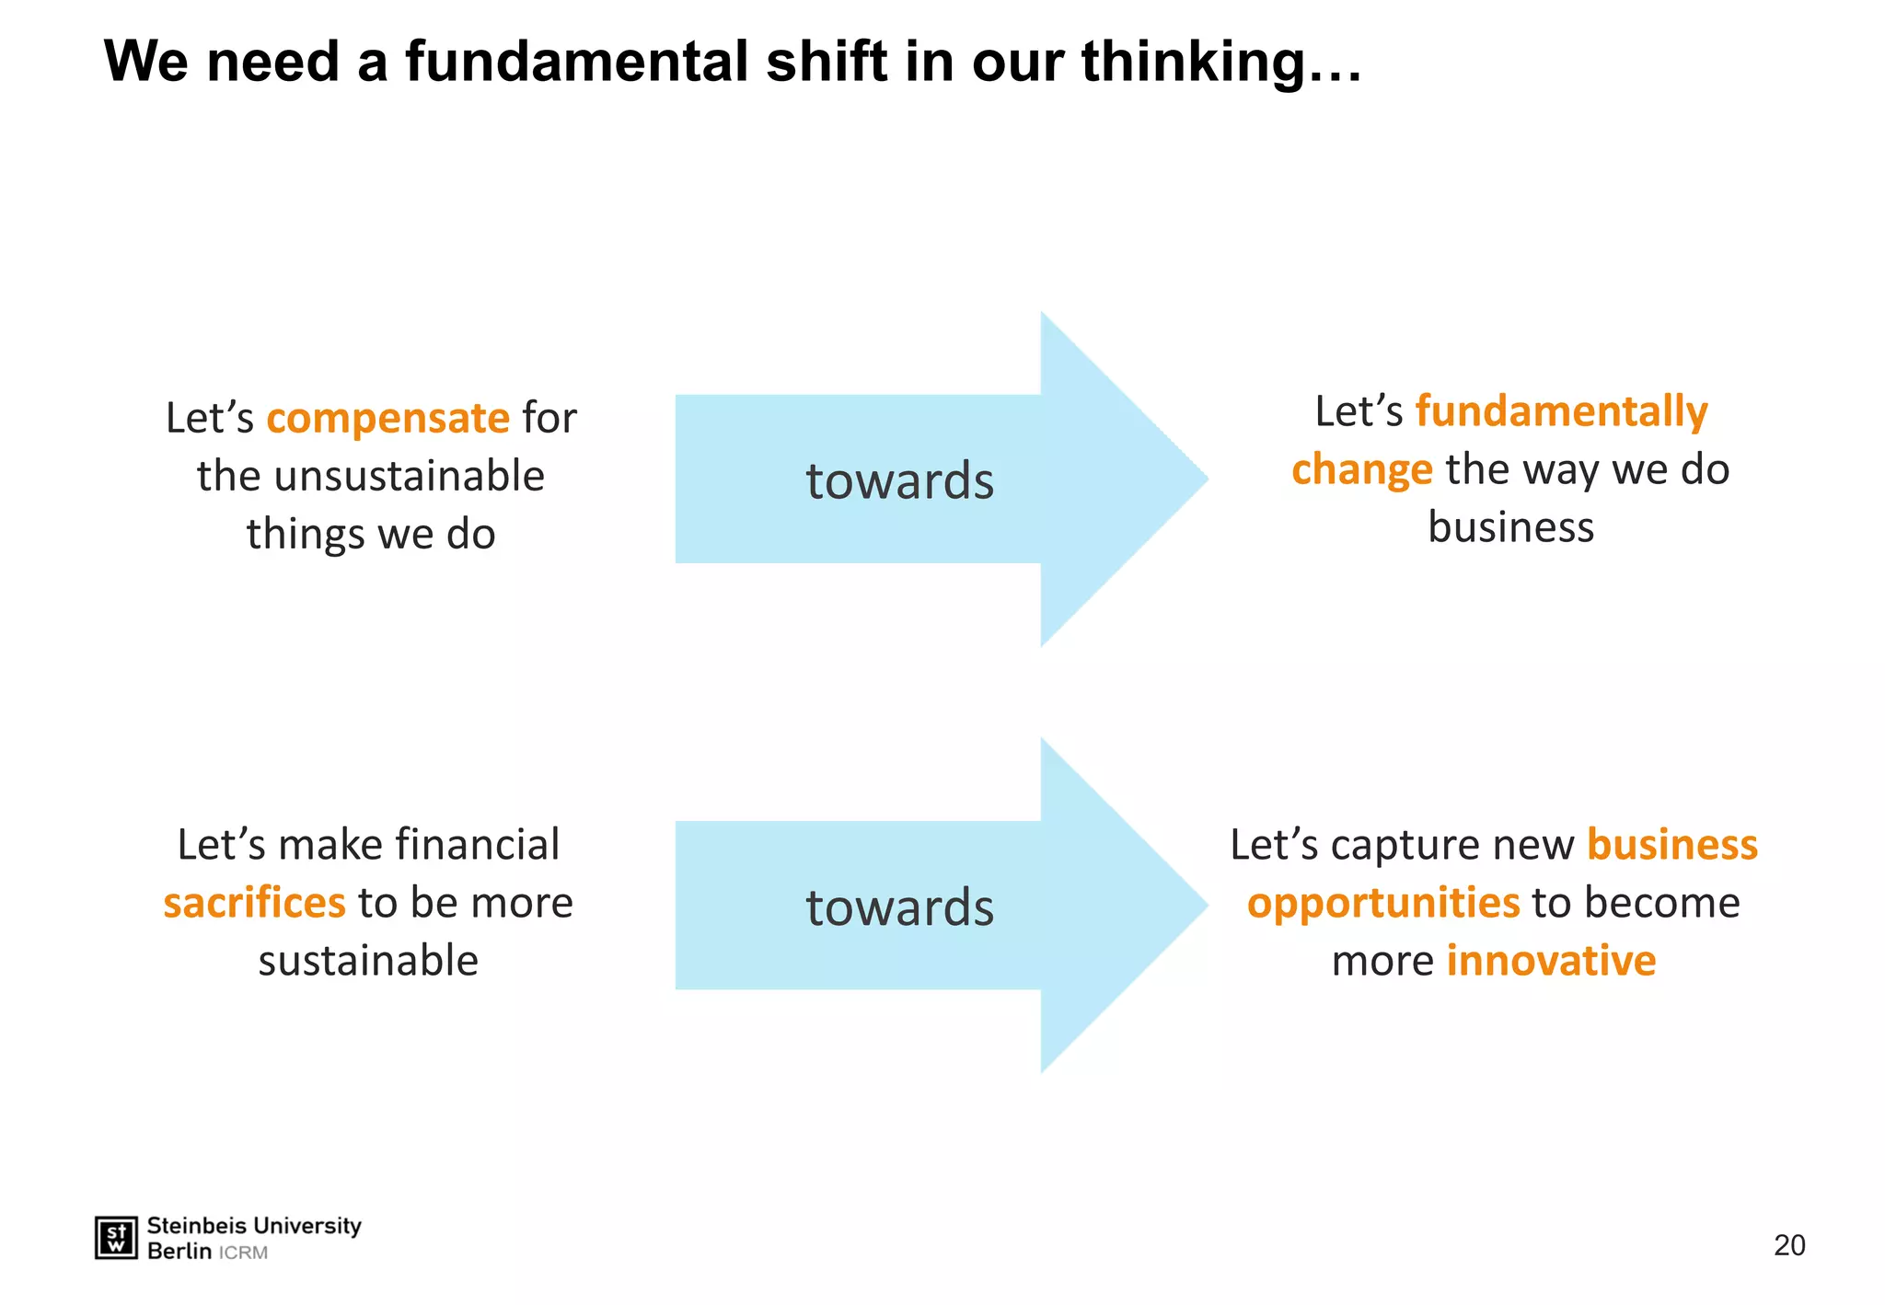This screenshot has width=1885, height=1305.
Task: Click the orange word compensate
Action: (x=387, y=419)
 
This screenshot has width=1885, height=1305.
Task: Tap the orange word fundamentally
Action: (x=1561, y=411)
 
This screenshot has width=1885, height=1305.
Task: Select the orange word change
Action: (x=1361, y=470)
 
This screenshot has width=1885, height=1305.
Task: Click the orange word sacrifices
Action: (x=254, y=903)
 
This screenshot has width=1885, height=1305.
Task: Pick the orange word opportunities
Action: (x=1382, y=903)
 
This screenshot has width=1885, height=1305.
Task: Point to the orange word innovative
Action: (x=1551, y=961)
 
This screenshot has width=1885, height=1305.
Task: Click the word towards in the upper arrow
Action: (x=899, y=481)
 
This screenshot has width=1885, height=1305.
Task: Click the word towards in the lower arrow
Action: (x=899, y=907)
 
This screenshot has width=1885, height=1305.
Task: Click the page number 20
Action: (x=1788, y=1245)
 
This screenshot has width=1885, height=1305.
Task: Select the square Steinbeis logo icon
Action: (x=116, y=1238)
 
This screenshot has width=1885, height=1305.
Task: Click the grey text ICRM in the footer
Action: (x=243, y=1253)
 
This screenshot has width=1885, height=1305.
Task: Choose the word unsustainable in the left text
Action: (x=409, y=477)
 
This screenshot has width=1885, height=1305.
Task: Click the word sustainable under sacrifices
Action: (x=368, y=961)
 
